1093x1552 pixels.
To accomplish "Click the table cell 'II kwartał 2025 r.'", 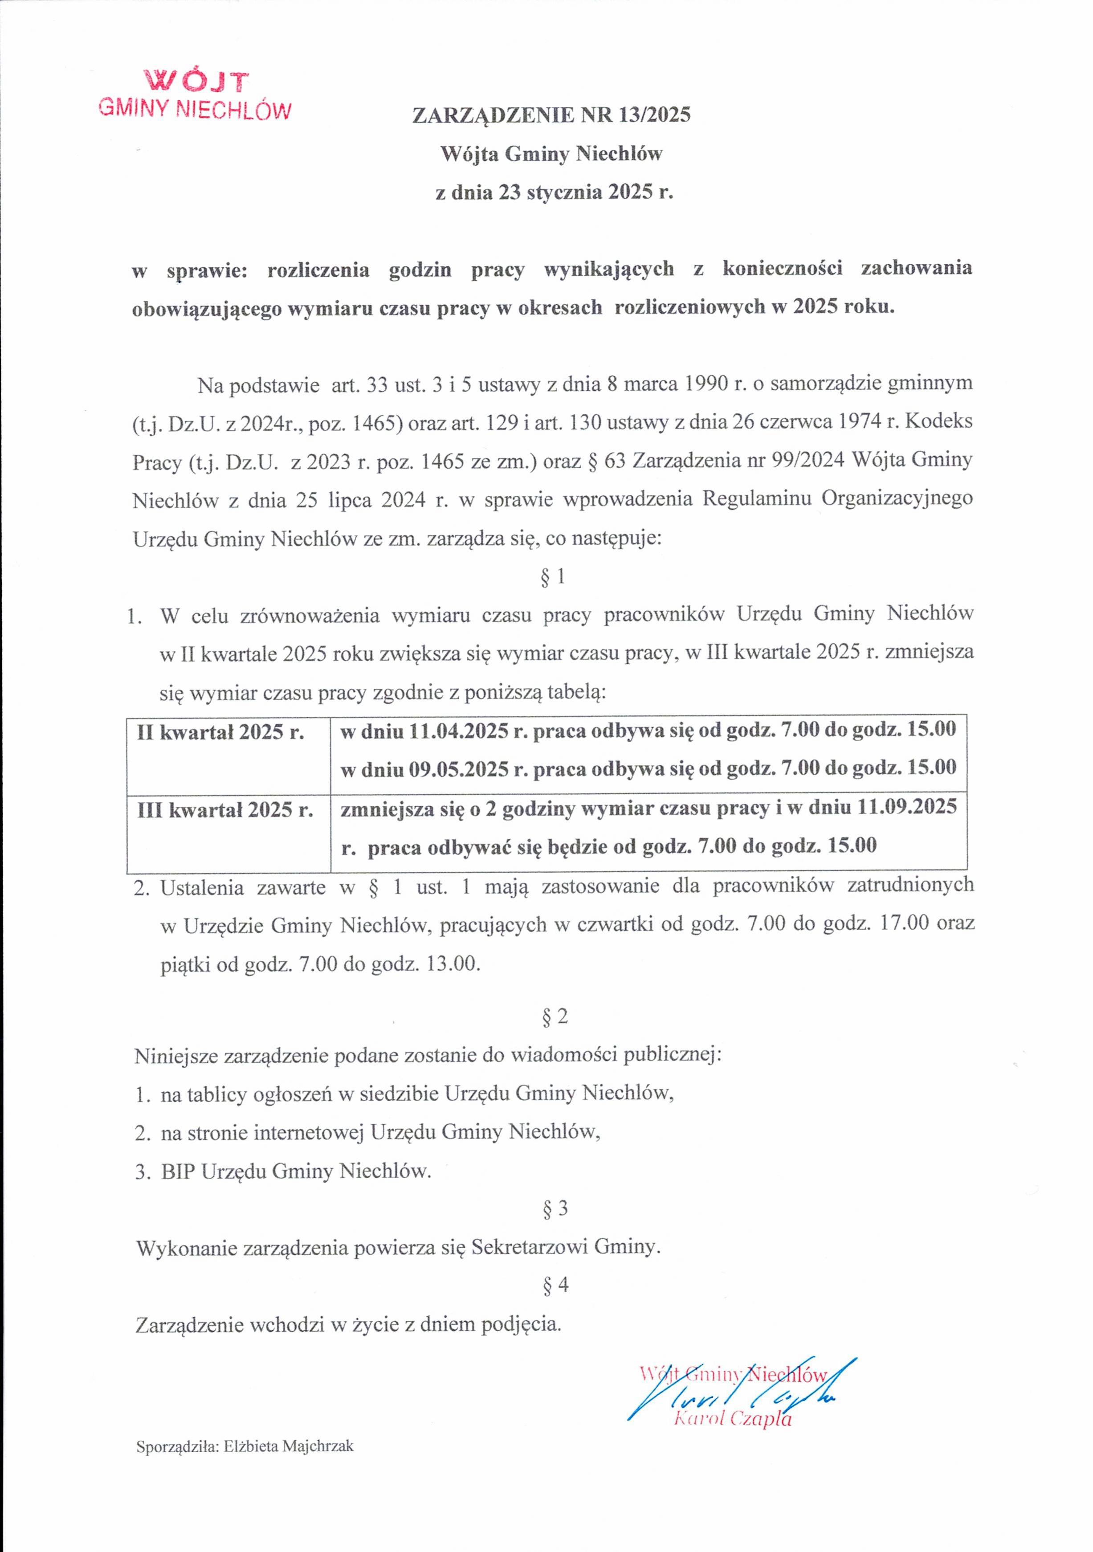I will click(x=220, y=732).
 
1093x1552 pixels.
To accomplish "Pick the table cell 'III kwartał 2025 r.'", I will click(x=225, y=810).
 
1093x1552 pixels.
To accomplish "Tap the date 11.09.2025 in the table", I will click(x=906, y=807).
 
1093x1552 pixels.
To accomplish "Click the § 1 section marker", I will click(x=554, y=576).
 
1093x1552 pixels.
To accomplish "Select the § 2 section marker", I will click(x=555, y=1016).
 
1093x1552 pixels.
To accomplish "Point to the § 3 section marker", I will click(x=555, y=1208).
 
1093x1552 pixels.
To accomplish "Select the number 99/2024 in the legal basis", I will click(x=807, y=460).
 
